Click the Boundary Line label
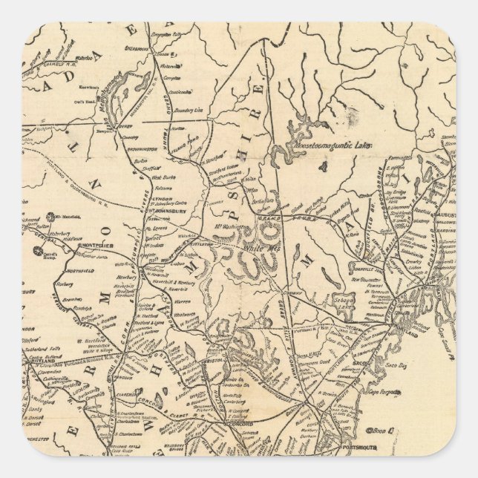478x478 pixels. [189, 109]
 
